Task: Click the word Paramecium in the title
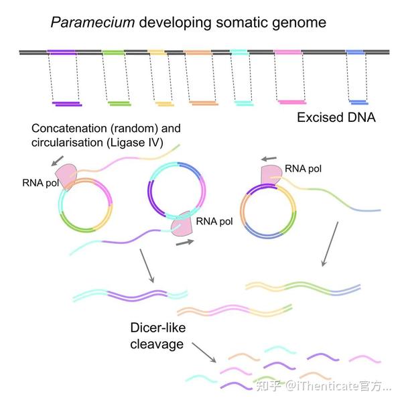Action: coord(92,23)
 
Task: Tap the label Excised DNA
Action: coord(336,117)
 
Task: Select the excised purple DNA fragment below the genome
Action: coord(67,104)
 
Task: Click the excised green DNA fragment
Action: coord(119,103)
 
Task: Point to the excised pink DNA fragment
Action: coord(292,102)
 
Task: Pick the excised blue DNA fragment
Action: coord(358,103)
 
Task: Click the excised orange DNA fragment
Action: coord(204,103)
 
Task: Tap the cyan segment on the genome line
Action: coord(239,52)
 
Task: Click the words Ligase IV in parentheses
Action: coord(135,143)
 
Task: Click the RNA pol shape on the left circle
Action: coord(66,176)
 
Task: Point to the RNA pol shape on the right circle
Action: coord(271,174)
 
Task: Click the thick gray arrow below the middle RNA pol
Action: coord(185,243)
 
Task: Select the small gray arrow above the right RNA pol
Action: coord(269,159)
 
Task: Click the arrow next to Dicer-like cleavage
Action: coord(204,353)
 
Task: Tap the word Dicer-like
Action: coord(158,328)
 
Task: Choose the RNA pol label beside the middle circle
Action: coord(214,221)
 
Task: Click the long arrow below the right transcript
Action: coord(330,244)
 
